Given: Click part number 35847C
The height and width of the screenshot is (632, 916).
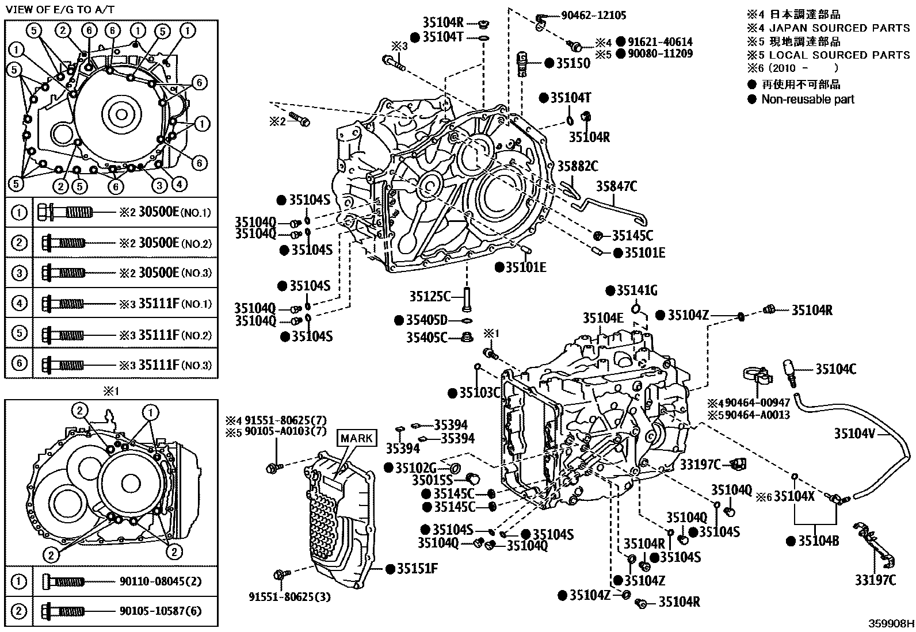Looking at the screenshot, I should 616,186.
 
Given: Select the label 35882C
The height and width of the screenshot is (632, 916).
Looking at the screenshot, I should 577,166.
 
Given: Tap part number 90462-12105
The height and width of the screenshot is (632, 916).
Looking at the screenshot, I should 594,16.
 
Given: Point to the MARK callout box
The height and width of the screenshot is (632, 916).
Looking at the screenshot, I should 357,439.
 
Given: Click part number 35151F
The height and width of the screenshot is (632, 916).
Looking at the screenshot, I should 417,569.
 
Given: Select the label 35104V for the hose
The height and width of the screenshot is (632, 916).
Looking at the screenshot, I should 854,434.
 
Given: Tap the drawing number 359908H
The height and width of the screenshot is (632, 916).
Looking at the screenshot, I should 891,623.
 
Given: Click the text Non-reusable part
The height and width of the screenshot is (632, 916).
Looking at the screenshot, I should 807,99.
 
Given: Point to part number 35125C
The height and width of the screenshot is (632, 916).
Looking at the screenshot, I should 430,296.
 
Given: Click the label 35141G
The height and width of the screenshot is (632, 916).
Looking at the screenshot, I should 636,290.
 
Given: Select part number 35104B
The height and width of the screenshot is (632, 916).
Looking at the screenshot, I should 819,541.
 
